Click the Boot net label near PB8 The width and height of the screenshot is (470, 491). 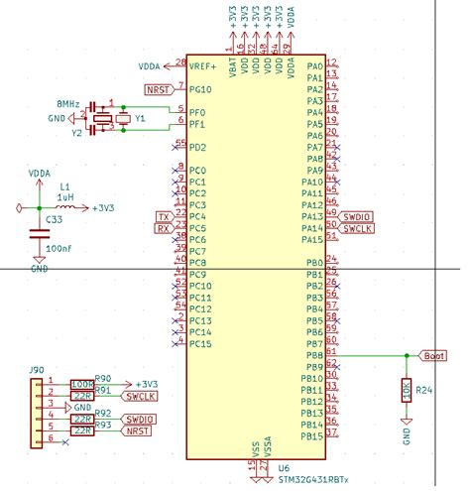(434, 355)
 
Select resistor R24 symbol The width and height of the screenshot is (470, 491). (406, 391)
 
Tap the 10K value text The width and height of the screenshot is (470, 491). (406, 391)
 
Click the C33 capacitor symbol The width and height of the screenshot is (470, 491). (40, 231)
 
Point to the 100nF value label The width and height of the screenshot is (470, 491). (59, 247)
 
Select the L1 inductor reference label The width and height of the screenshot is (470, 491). (65, 185)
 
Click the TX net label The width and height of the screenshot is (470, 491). (164, 217)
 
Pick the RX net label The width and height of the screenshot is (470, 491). (164, 229)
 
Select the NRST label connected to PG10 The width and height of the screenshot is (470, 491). (158, 89)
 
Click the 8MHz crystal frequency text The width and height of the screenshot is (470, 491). (68, 103)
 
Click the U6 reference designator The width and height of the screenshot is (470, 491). (284, 467)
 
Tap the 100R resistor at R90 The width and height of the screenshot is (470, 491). (82, 384)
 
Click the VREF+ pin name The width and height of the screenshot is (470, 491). (204, 65)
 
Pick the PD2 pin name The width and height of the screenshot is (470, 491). (198, 148)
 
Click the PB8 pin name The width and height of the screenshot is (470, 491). (313, 355)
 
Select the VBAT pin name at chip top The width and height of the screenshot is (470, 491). (232, 68)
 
